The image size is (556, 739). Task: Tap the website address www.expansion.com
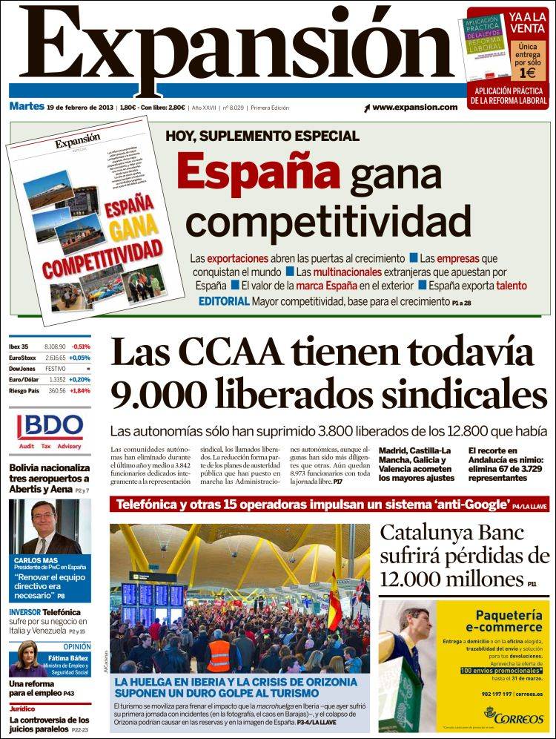tap(414, 108)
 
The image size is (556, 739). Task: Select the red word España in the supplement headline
tap(258, 173)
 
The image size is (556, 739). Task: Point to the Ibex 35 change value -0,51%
tap(81, 346)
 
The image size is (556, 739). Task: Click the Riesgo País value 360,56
tap(57, 390)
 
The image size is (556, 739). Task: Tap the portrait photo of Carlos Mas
tap(50, 527)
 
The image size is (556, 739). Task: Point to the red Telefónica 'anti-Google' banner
tap(329, 505)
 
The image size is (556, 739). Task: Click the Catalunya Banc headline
tap(464, 556)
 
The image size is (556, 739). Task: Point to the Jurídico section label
tap(22, 709)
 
